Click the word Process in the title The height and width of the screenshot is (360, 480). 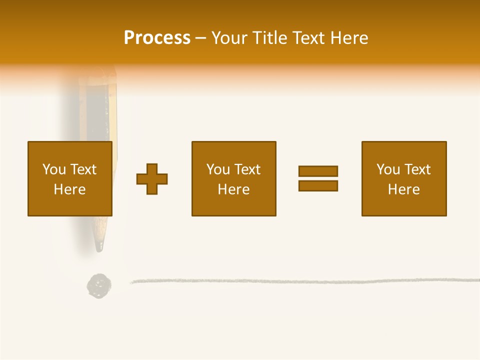point(157,38)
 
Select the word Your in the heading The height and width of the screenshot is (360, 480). point(229,38)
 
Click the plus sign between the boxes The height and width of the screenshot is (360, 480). point(152,179)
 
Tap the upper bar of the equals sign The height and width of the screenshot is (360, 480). point(318,171)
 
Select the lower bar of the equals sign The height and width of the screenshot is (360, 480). point(318,185)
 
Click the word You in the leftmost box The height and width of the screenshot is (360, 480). point(54,169)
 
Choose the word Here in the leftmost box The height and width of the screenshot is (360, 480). point(69,189)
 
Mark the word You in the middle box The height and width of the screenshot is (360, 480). point(218,169)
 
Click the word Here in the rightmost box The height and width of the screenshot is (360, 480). point(403,189)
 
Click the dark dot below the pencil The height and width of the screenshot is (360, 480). point(99,286)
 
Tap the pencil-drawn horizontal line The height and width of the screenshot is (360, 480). point(300,281)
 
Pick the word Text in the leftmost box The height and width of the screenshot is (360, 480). point(83,169)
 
